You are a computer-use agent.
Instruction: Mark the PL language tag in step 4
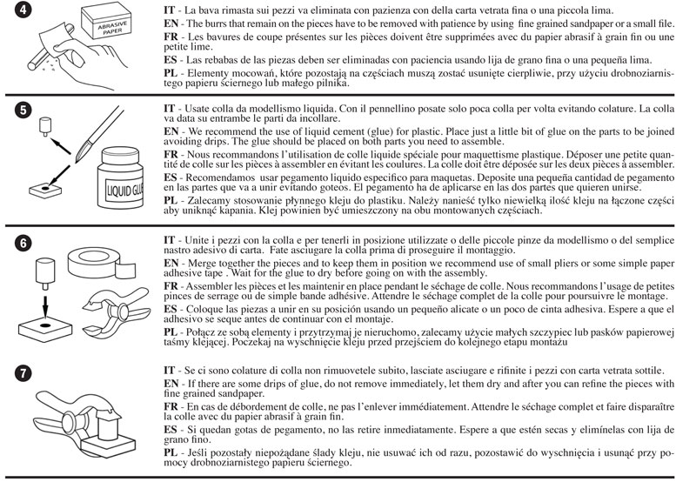point(171,72)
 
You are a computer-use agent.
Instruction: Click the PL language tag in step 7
point(171,453)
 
